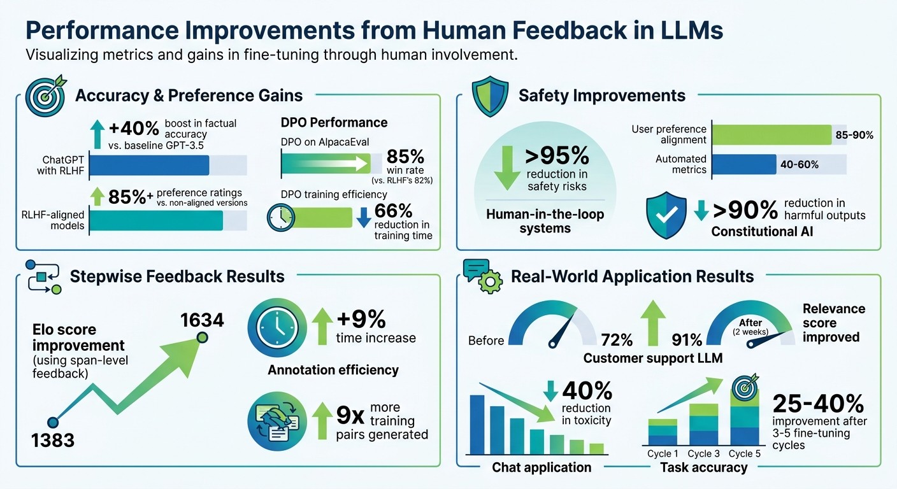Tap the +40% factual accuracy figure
click(134, 129)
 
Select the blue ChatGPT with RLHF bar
click(150, 165)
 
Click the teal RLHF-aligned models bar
click(156, 220)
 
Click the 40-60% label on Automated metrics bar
click(800, 164)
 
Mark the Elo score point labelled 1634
click(201, 337)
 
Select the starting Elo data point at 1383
click(54, 422)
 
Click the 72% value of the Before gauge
click(617, 339)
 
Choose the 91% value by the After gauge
click(687, 339)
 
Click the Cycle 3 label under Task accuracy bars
click(703, 454)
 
